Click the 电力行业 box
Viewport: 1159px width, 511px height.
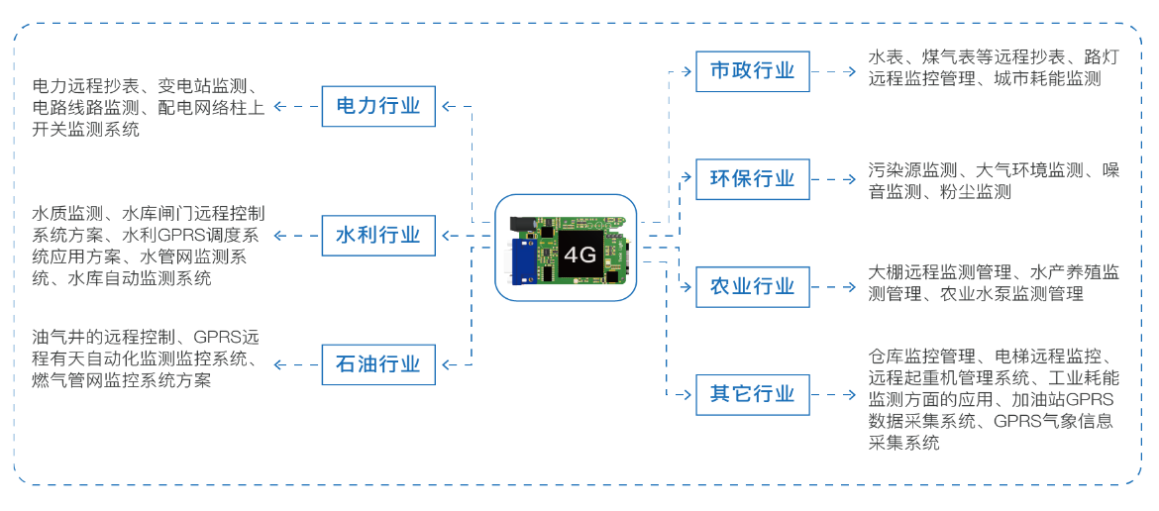tap(378, 106)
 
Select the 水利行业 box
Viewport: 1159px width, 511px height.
tap(378, 236)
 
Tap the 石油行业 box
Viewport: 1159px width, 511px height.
tap(378, 364)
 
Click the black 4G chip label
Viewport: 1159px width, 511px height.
tap(579, 255)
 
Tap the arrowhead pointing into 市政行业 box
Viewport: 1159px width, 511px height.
tap(687, 71)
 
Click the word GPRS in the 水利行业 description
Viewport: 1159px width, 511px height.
tap(179, 236)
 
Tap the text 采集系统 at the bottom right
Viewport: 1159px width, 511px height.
tap(903, 443)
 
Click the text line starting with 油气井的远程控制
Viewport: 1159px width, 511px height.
tap(146, 337)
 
